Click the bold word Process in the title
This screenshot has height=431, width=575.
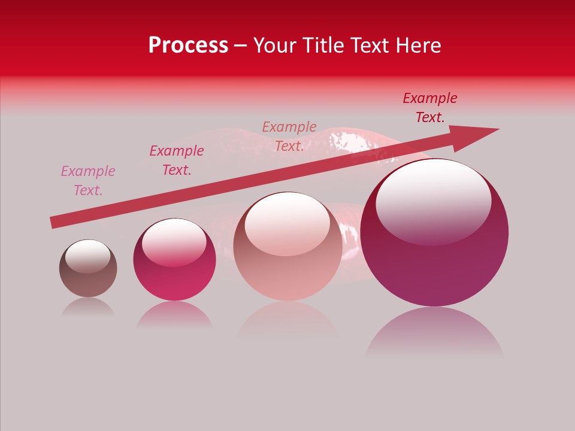point(188,45)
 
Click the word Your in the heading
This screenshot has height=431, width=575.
point(274,45)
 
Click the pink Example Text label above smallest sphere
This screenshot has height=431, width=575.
point(88,180)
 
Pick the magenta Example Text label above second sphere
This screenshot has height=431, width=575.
point(177,160)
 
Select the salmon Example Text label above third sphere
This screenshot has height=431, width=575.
point(289,136)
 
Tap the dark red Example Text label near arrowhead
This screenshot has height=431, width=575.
point(430,108)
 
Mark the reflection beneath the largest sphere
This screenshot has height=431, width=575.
point(434,332)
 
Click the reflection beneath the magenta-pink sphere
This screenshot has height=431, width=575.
point(174,315)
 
